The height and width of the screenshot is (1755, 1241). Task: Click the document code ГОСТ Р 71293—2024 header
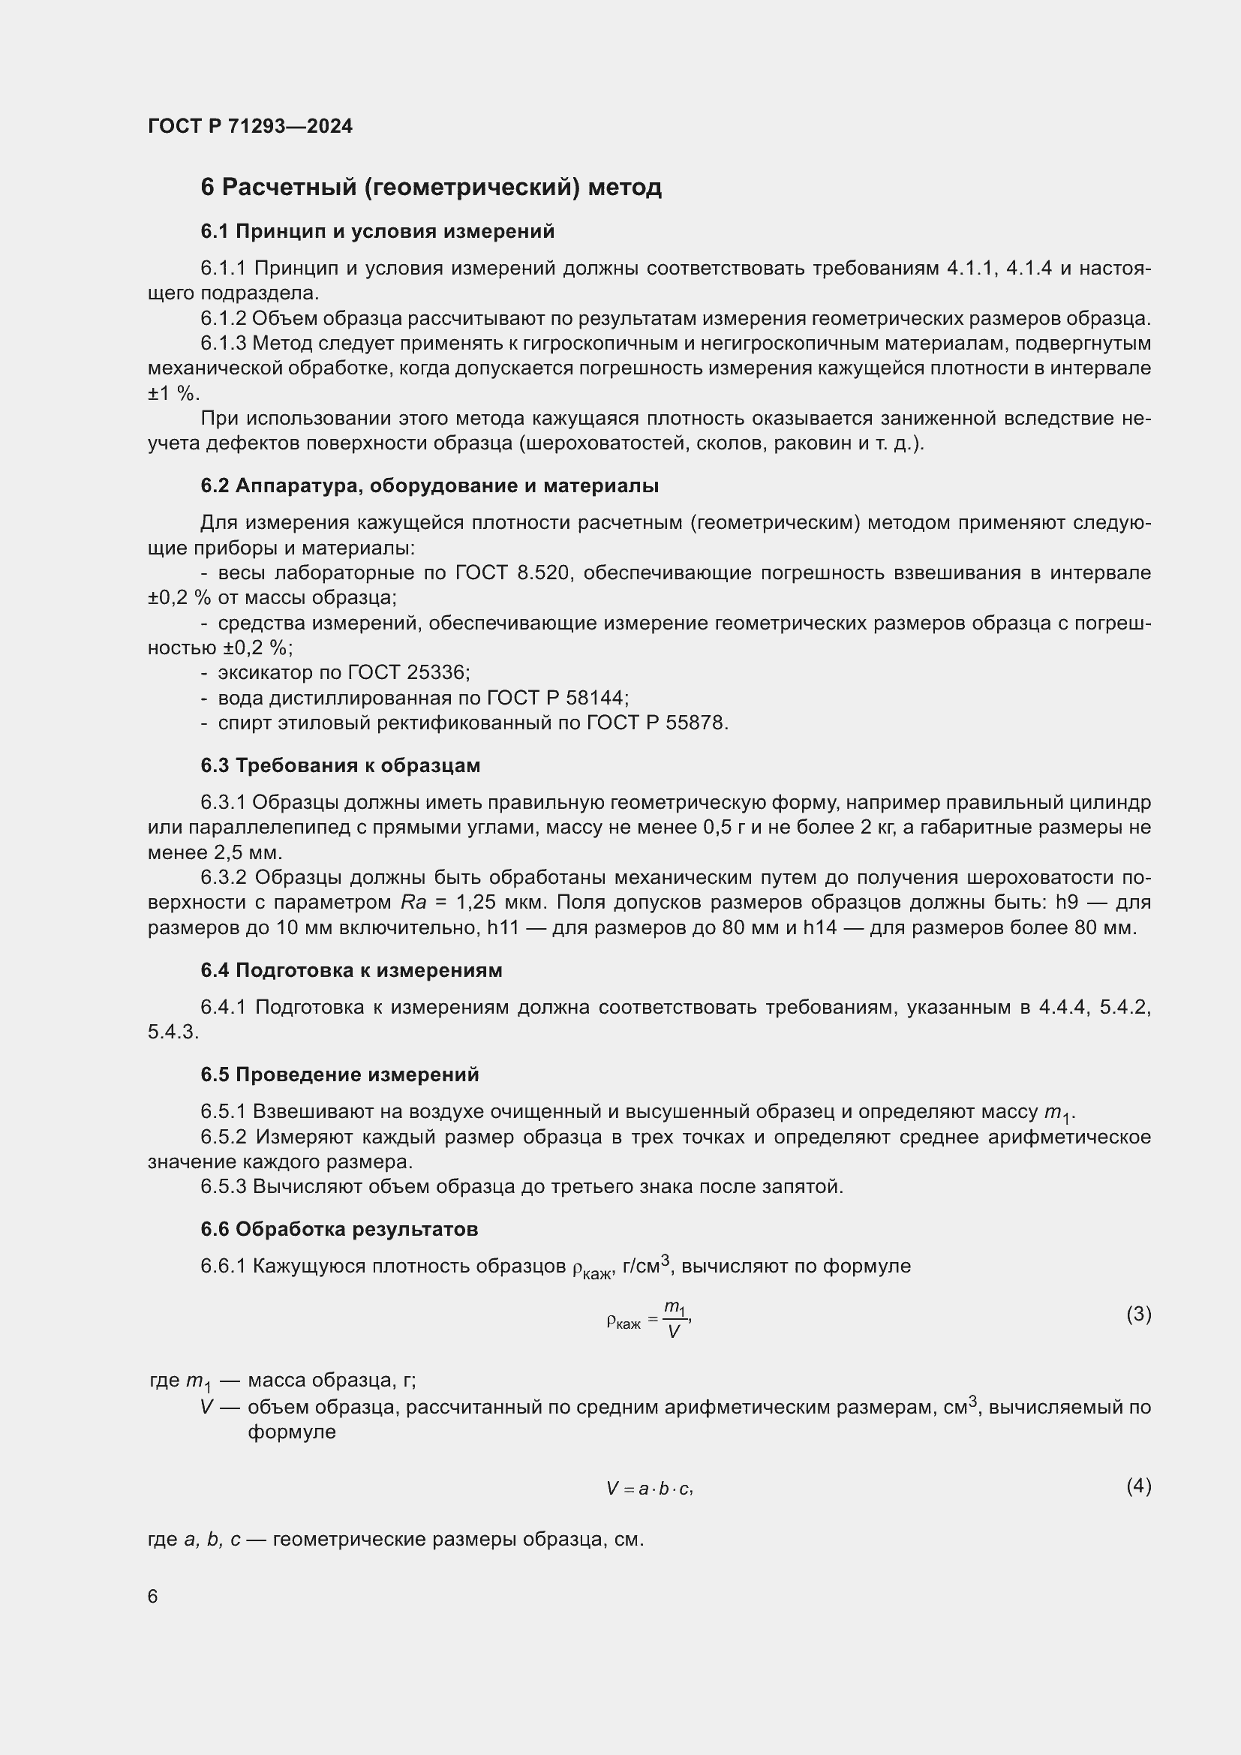point(250,126)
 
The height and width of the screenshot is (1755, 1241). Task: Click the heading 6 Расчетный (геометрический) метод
point(430,188)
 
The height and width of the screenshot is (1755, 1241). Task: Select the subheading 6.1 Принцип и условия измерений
point(377,231)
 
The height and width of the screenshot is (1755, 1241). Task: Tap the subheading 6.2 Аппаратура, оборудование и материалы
point(429,485)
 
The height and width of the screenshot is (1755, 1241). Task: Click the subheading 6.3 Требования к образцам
point(340,765)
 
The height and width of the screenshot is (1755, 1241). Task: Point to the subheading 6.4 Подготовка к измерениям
point(350,970)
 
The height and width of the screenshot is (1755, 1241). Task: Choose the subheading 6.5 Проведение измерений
point(339,1074)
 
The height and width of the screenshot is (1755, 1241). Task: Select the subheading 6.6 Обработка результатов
point(338,1229)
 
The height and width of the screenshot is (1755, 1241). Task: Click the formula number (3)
point(1138,1314)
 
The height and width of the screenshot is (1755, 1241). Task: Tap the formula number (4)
point(1138,1485)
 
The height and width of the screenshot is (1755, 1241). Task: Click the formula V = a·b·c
point(649,1488)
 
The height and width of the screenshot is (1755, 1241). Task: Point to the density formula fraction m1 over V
point(675,1319)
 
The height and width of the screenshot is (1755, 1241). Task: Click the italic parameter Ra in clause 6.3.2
point(413,903)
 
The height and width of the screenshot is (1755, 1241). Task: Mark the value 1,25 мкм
point(500,903)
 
